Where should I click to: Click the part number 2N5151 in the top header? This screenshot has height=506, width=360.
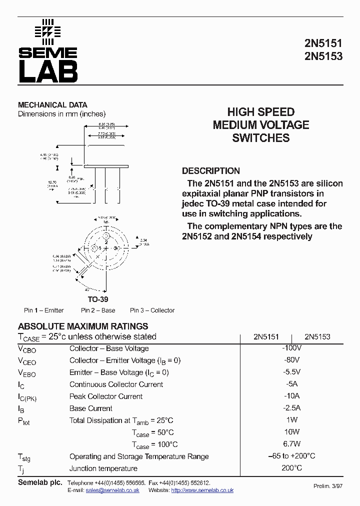tap(323, 43)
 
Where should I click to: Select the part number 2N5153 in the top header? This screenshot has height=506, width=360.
tap(323, 56)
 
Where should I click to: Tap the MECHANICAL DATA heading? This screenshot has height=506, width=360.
tap(52, 105)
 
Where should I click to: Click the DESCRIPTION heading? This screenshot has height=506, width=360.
tap(210, 170)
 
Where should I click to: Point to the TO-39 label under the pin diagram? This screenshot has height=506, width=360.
tap(98, 299)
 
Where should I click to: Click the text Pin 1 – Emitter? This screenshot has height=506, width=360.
tap(44, 310)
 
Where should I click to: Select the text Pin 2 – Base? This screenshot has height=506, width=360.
tap(98, 310)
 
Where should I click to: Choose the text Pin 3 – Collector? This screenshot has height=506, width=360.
tap(152, 310)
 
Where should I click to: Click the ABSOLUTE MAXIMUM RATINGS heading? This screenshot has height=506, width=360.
tap(83, 326)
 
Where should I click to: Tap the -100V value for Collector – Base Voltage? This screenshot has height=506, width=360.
tap(291, 348)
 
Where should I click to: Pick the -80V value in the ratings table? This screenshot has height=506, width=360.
tap(291, 360)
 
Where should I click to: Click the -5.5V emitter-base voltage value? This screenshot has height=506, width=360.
tap(291, 372)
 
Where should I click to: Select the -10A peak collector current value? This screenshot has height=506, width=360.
tap(291, 396)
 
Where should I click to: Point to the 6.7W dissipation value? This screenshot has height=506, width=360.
tap(291, 444)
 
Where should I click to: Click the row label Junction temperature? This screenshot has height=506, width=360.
tap(103, 468)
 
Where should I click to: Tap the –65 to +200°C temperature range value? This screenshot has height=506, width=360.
tap(291, 456)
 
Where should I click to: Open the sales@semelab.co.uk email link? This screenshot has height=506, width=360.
tap(112, 490)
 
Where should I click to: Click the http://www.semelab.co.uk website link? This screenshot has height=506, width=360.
tap(202, 490)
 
